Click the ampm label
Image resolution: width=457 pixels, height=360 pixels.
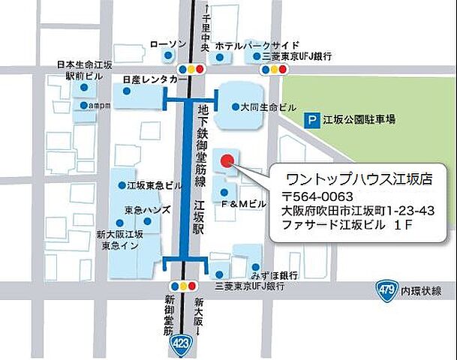pyautogui.click(x=100, y=106)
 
